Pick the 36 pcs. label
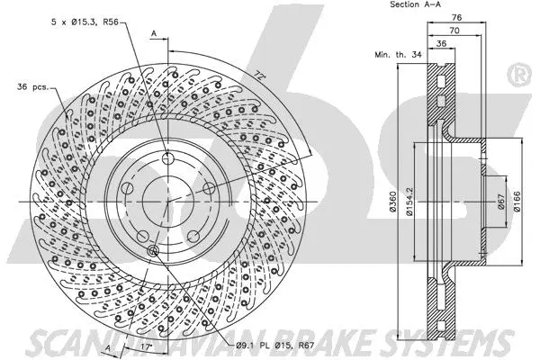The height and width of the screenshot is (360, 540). (31, 87)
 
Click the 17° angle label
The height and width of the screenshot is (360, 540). (148, 342)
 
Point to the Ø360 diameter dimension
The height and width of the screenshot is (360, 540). (393, 204)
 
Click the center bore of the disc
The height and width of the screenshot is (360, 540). (166, 202)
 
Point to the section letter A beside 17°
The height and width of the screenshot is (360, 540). (109, 348)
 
